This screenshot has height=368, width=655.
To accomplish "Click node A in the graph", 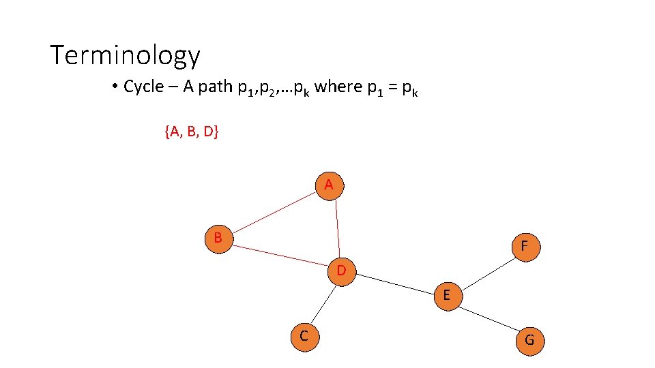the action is click(x=329, y=185).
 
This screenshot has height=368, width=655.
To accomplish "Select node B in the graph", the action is click(x=218, y=238).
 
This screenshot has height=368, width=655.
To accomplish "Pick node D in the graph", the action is click(x=341, y=271).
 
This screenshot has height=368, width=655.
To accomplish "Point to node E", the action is click(x=446, y=295).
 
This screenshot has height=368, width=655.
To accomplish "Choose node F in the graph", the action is click(x=524, y=246).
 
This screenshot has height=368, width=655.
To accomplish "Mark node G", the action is click(x=529, y=340).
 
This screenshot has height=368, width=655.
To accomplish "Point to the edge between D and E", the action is click(x=394, y=283).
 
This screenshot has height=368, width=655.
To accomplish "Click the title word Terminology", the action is click(x=126, y=55).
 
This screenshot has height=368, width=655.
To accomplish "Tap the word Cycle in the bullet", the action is click(x=144, y=87).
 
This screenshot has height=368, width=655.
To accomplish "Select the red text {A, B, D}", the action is click(x=191, y=132).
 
